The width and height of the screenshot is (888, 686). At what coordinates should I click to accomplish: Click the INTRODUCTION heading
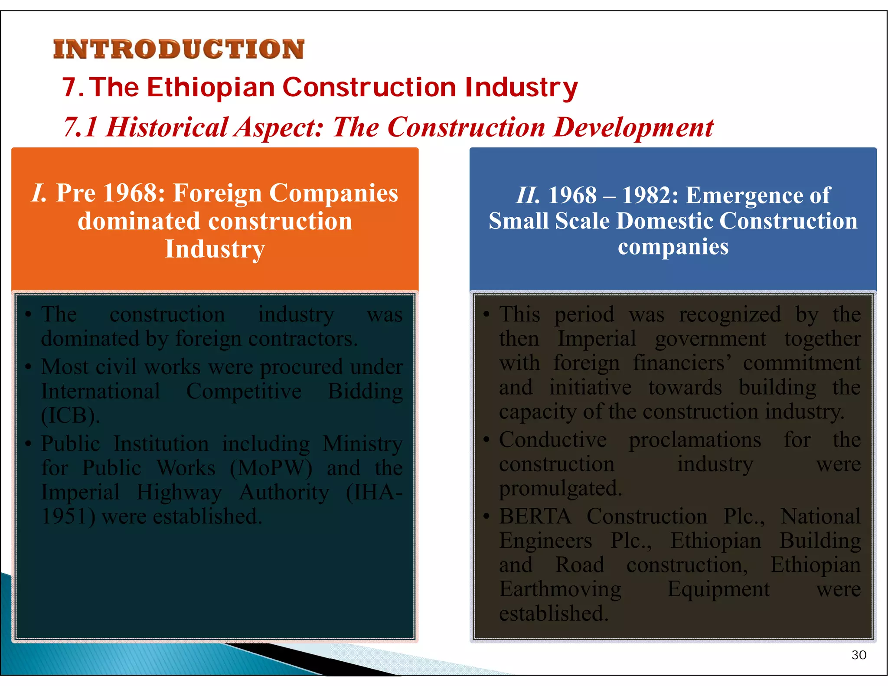pyautogui.click(x=179, y=49)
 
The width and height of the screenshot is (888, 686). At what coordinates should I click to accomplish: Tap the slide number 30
pyautogui.click(x=859, y=655)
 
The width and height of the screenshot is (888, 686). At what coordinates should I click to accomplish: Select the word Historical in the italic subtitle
pyautogui.click(x=167, y=127)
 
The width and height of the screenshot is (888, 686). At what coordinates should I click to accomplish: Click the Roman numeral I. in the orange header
pyautogui.click(x=39, y=193)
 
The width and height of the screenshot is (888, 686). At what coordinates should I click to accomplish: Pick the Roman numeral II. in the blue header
pyautogui.click(x=528, y=195)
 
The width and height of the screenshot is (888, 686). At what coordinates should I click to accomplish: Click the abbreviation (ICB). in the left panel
pyautogui.click(x=71, y=415)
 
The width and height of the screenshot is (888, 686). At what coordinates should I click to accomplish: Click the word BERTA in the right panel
pyautogui.click(x=535, y=516)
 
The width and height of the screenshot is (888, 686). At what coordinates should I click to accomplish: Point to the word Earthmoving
pyautogui.click(x=560, y=589)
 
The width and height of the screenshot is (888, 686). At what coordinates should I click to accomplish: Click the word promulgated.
pyautogui.click(x=560, y=489)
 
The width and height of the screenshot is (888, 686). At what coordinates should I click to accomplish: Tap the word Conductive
pyautogui.click(x=553, y=440)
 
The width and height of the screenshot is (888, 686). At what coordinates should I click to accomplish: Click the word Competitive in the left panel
pyautogui.click(x=244, y=392)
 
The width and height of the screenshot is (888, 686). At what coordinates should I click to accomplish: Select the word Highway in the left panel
pyautogui.click(x=179, y=493)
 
